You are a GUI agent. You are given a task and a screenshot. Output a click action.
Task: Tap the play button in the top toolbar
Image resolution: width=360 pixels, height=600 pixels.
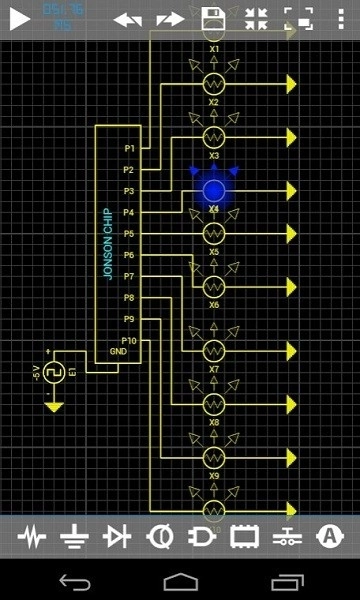coord(20,19)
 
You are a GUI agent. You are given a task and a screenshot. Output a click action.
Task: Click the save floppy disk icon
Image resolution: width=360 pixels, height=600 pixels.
coord(213,19)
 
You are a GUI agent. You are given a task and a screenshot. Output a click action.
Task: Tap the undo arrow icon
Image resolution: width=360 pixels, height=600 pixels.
coord(127,19)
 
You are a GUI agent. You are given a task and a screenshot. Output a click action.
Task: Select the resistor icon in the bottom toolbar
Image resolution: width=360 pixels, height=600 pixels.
coord(32,537)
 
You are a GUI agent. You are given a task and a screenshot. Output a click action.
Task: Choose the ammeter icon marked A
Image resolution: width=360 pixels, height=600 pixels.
coord(329,537)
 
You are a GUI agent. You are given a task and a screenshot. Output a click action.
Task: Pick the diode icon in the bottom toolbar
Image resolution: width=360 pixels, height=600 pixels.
coord(117,537)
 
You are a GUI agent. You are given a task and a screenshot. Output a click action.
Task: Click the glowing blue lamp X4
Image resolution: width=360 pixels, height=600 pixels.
coord(213,189)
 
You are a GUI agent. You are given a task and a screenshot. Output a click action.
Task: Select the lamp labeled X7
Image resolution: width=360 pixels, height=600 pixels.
coord(213,351)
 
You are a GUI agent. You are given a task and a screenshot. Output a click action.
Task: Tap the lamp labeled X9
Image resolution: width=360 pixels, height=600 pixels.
coord(213,456)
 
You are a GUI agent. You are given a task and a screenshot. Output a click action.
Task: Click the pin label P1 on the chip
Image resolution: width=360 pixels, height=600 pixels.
coord(129,149)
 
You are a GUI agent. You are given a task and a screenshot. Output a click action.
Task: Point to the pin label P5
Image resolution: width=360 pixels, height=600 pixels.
coord(129,234)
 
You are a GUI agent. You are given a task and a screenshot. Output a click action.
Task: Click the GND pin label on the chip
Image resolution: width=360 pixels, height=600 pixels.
coord(118,352)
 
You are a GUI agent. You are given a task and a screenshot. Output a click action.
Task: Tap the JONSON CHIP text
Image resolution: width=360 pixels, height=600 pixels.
coord(108,244)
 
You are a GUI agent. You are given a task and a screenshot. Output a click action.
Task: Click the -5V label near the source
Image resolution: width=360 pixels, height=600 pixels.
coord(37,373)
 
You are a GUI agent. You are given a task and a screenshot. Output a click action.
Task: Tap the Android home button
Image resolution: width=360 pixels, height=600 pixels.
coord(180,581)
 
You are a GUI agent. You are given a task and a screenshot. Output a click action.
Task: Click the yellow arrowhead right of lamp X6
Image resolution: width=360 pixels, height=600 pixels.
coord(291,286)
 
